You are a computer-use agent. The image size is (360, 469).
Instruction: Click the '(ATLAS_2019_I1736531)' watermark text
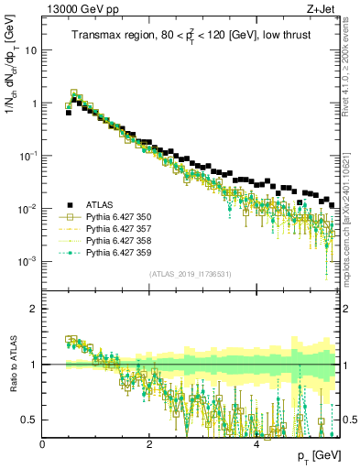click(191, 274)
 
